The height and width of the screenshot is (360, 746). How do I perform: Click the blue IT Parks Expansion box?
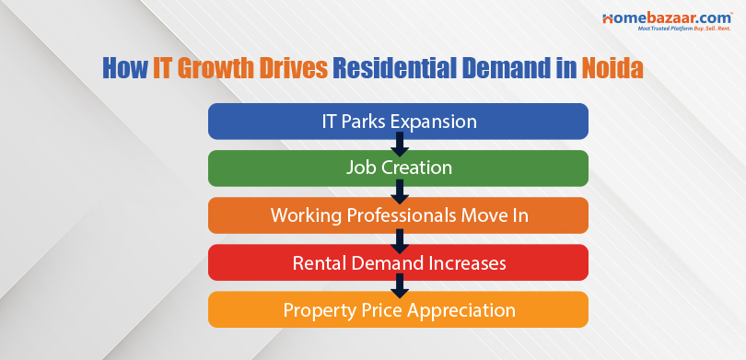[398, 121]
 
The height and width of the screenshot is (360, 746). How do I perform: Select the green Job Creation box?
[398, 168]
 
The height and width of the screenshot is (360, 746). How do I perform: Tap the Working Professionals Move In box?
[398, 215]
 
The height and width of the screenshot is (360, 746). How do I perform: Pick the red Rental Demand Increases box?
[398, 262]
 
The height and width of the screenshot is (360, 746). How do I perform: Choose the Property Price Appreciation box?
[398, 309]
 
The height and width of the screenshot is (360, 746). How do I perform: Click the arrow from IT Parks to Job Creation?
[399, 144]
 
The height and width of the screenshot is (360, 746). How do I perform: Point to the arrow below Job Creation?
[399, 192]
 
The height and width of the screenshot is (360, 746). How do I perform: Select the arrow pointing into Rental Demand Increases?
[399, 238]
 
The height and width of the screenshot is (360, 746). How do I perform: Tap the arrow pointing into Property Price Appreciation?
[399, 285]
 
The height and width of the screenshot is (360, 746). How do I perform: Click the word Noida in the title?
[613, 70]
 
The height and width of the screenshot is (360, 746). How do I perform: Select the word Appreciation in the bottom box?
[457, 309]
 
